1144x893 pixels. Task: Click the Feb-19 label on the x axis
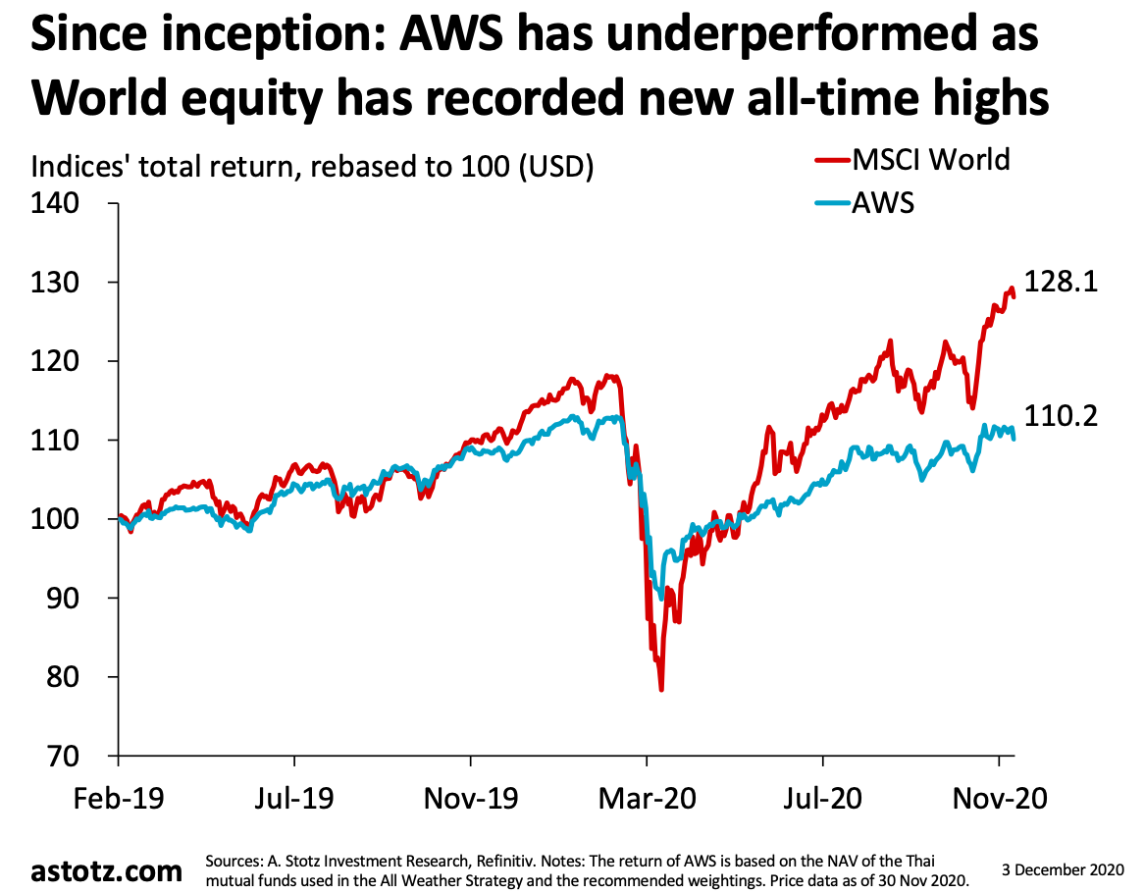click(x=118, y=797)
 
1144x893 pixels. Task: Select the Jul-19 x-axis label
click(x=293, y=797)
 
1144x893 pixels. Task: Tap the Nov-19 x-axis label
click(x=471, y=797)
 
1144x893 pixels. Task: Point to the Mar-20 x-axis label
click(x=648, y=797)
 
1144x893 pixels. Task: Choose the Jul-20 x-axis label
click(x=822, y=797)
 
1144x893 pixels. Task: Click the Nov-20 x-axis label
click(x=999, y=797)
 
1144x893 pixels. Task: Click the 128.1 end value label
click(x=1061, y=283)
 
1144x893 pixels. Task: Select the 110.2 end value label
click(x=1061, y=416)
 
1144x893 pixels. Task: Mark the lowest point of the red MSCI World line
click(x=661, y=689)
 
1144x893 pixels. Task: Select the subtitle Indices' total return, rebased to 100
click(x=313, y=168)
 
